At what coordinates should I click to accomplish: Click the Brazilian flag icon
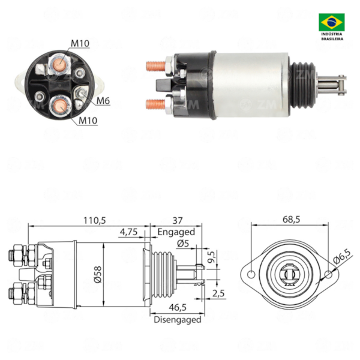coord(332,23)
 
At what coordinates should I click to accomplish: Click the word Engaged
coord(176,232)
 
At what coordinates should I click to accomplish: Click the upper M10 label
coord(80,43)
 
